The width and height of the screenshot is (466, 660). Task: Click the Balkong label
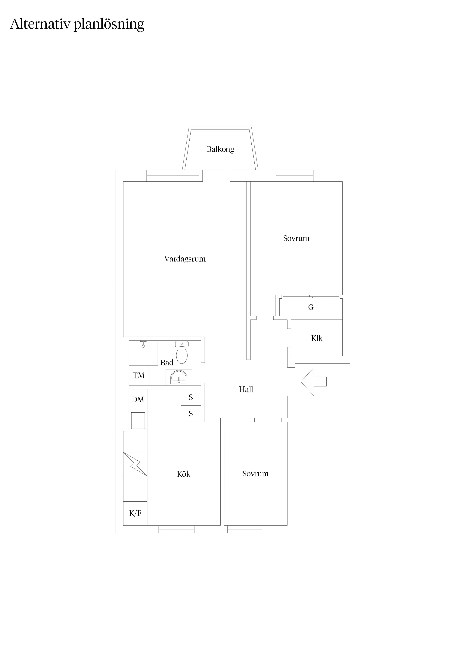coord(221,149)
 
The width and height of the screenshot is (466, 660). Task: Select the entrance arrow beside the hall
coord(314,381)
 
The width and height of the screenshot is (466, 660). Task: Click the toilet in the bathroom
coord(182,352)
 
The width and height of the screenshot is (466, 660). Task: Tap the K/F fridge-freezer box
coord(135,513)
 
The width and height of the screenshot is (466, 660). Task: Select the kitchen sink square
coord(138,420)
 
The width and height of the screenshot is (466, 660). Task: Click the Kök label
coord(184,474)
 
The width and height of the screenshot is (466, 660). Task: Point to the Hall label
coord(246,389)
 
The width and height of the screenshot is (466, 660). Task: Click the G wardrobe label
coord(311,307)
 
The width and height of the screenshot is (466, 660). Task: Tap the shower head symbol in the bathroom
coord(143,344)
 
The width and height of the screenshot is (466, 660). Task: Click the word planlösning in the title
coord(109,24)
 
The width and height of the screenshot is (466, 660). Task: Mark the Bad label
coord(167,363)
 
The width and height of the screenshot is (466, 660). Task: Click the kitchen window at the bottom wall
coord(176,529)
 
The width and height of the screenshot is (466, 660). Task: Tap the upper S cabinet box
coord(191,397)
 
